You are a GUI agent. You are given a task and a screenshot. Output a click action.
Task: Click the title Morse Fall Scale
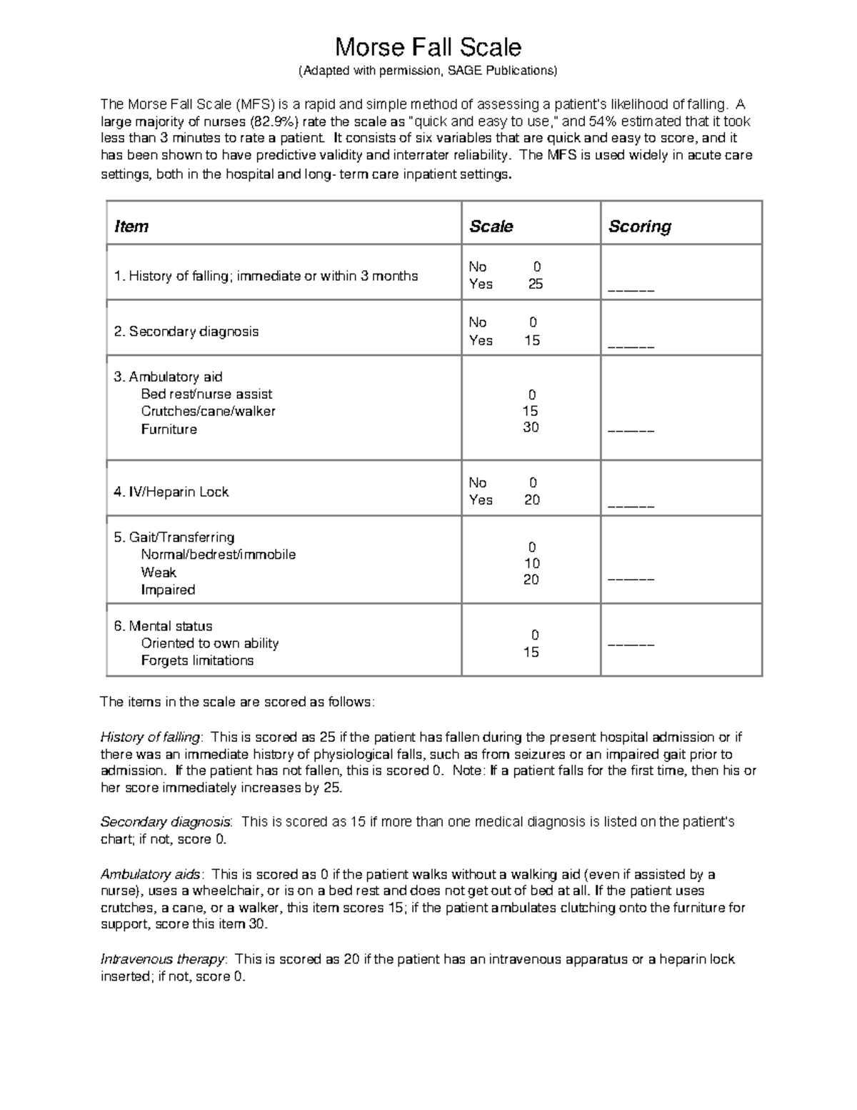(x=428, y=47)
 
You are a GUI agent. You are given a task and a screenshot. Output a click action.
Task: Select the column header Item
(x=131, y=227)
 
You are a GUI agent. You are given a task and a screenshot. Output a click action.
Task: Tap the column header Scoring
(x=639, y=227)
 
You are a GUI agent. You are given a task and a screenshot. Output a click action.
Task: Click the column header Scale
(x=491, y=227)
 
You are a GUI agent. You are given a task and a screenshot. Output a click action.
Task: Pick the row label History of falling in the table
(x=266, y=276)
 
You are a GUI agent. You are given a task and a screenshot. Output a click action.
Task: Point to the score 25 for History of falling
(x=535, y=284)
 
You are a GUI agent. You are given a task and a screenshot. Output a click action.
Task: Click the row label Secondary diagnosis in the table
(x=186, y=332)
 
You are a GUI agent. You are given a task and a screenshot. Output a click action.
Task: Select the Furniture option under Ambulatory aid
(x=169, y=430)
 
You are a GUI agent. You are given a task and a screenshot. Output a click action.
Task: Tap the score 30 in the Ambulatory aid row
(x=531, y=427)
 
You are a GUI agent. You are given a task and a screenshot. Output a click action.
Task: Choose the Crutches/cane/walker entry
(x=208, y=412)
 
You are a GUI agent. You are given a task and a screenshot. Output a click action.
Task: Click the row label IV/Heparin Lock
(x=171, y=492)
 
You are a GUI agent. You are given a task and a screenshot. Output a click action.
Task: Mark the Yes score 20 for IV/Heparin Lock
(x=532, y=500)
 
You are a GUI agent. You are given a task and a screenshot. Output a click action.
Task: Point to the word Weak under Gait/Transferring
(x=159, y=573)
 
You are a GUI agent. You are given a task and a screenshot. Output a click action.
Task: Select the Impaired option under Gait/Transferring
(x=168, y=590)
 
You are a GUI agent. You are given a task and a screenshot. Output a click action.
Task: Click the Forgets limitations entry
(x=197, y=660)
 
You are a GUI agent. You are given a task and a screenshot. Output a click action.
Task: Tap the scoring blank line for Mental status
(x=631, y=645)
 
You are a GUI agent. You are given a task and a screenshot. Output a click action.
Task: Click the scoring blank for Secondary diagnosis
(x=631, y=347)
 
